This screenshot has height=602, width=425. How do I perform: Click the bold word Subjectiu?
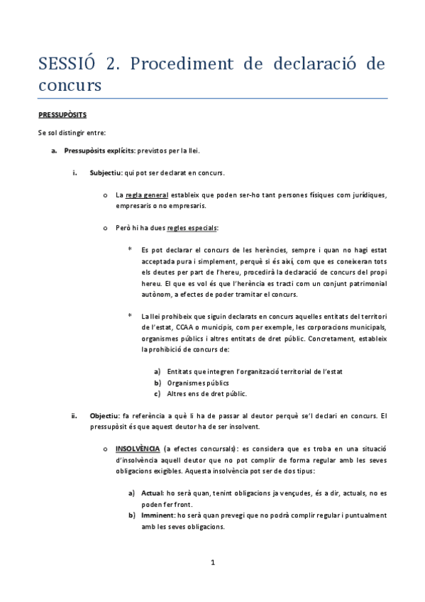point(106,173)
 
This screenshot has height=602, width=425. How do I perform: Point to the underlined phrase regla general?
point(148,195)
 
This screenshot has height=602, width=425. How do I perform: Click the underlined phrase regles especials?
point(192,228)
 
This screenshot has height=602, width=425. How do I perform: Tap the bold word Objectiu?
point(105,415)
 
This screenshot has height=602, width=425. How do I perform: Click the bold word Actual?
point(151,493)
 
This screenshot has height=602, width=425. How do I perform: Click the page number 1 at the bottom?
point(212,564)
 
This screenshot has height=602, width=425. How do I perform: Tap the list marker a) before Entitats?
point(157,371)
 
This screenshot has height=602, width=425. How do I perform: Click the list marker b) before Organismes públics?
point(157,383)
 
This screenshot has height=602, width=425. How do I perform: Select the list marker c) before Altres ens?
point(157,394)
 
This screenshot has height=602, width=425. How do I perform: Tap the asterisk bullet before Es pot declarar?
point(130,249)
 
